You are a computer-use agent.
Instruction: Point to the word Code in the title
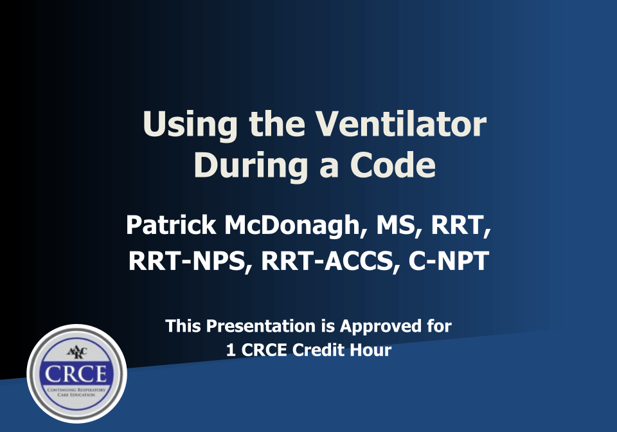tap(393, 165)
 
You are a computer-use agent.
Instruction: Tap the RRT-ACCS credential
tap(331, 262)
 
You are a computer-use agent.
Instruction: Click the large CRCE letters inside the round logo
tap(76, 373)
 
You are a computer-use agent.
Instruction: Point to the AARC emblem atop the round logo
tap(76, 353)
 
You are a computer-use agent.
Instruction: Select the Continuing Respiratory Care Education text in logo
tap(76, 392)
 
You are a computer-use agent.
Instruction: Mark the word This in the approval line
tap(182, 326)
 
